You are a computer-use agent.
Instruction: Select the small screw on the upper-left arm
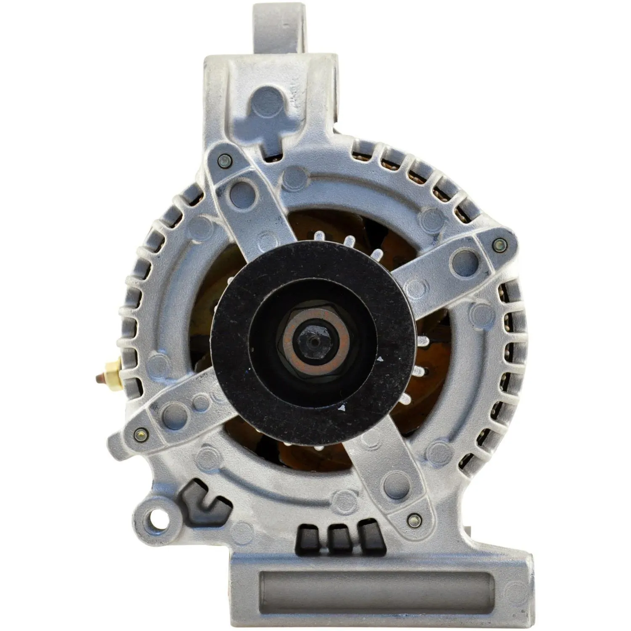coord(225,160)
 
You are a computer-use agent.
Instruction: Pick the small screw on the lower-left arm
coord(141,435)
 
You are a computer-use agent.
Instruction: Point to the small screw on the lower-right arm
coord(414,521)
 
